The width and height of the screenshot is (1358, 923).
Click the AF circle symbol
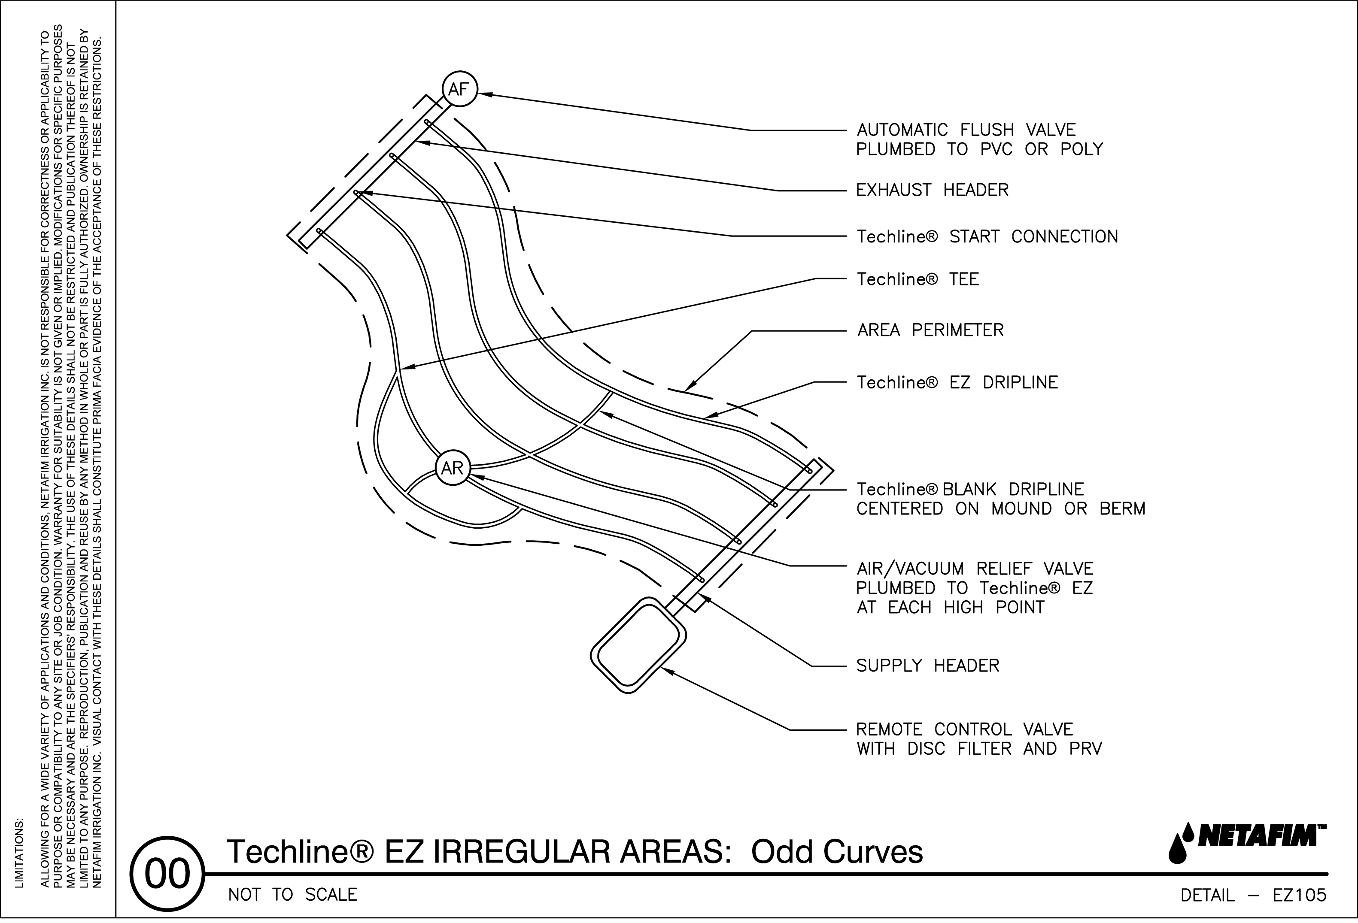point(460,89)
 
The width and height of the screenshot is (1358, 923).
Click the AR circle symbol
point(452,468)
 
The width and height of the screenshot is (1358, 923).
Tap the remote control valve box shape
point(638,645)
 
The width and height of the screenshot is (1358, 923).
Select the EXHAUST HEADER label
point(932,191)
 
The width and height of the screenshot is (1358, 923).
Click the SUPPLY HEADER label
point(927,666)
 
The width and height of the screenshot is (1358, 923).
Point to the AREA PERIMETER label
point(930,331)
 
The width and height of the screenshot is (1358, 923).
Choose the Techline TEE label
point(917,279)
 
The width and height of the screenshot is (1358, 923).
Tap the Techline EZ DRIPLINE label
point(957,383)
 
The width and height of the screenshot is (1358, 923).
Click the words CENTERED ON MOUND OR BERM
point(1000,509)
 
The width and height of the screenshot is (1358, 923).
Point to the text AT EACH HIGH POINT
point(950,608)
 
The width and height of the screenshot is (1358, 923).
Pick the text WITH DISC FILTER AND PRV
point(979,749)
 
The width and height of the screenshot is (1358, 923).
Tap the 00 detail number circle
point(168,874)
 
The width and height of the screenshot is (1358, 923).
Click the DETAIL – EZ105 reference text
point(1253,895)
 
